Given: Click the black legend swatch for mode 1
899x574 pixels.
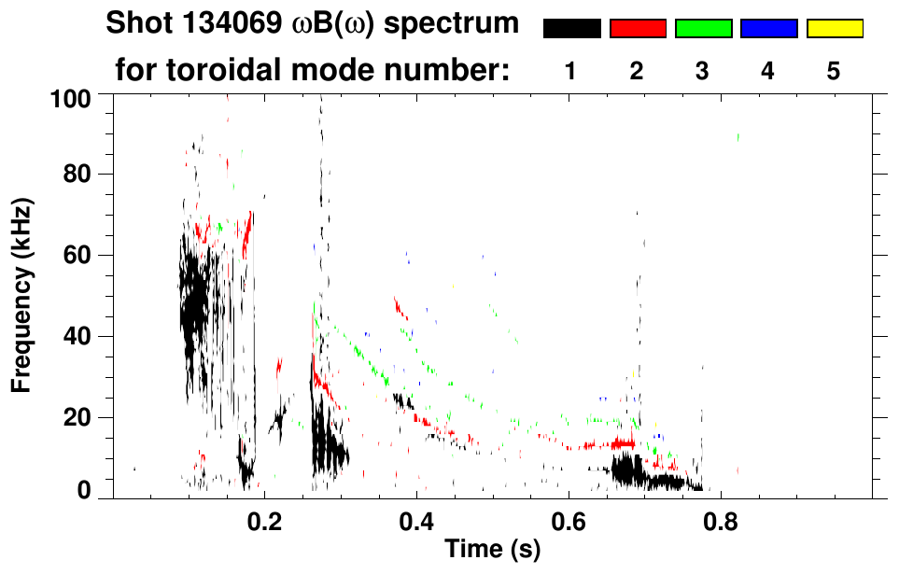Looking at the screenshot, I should click(x=571, y=29).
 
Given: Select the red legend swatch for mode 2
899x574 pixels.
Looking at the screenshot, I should click(x=638, y=29).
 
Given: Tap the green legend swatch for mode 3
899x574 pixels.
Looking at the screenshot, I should click(x=703, y=29).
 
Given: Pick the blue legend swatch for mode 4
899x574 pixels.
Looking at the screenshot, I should click(x=768, y=29).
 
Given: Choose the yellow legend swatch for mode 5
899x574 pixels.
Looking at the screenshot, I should click(x=834, y=29).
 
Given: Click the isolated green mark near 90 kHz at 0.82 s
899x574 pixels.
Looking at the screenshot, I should click(x=737, y=137).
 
